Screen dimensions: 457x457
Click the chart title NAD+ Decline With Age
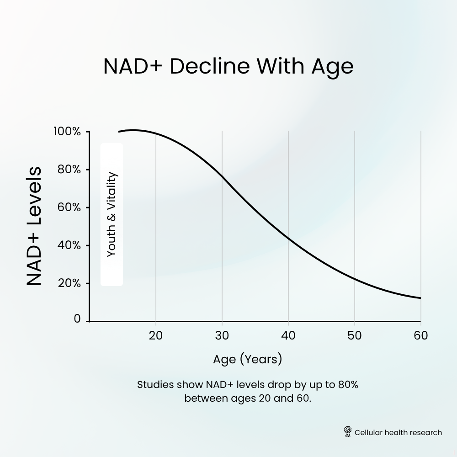(228, 67)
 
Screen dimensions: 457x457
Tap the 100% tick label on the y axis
(67, 132)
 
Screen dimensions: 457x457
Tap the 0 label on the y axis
(77, 319)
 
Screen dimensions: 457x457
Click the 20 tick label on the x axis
(156, 336)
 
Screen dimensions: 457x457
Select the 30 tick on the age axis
(222, 336)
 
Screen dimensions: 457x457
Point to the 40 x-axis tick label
(288, 336)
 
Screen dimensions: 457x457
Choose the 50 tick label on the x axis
(355, 336)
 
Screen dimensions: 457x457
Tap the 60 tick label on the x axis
(420, 336)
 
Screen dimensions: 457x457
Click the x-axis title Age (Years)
(247, 360)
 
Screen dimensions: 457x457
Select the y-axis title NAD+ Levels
(34, 226)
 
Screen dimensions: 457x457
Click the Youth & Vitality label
(112, 214)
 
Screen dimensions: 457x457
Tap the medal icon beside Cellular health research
(347, 431)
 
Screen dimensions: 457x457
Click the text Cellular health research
(398, 432)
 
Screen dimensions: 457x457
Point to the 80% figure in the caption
(348, 384)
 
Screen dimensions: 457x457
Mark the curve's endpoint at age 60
(420, 298)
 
